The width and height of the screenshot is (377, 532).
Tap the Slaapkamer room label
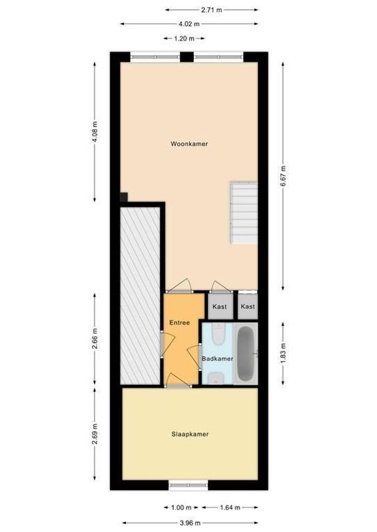[189, 434]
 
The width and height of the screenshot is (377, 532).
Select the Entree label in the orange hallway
[179, 323]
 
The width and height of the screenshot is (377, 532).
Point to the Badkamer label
[217, 358]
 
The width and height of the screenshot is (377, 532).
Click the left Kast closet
[219, 307]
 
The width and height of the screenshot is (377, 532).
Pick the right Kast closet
[248, 307]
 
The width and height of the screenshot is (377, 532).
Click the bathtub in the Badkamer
[246, 354]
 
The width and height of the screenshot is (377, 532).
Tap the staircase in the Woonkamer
[244, 212]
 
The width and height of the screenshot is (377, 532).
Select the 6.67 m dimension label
[283, 176]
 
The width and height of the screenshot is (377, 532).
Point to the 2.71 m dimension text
[212, 10]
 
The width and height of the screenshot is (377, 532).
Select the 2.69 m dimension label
[95, 435]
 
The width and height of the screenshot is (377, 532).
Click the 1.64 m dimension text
[230, 507]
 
